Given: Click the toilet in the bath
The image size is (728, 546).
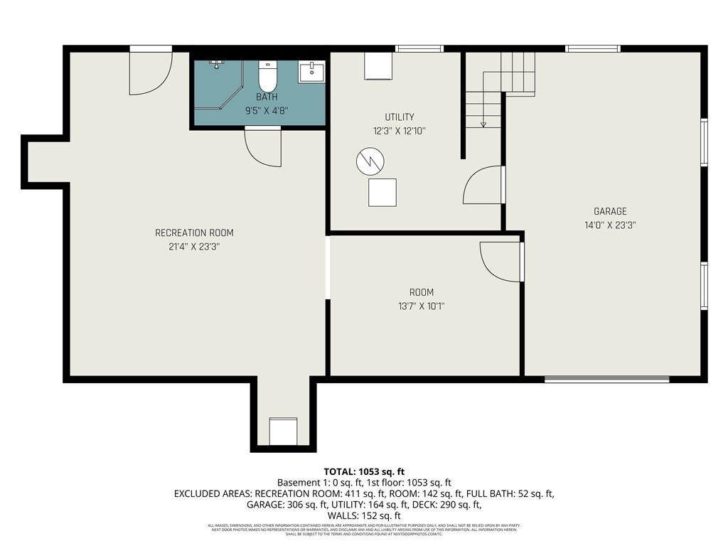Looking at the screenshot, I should tap(267, 76).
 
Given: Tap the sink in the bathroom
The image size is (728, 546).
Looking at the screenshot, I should tap(311, 73).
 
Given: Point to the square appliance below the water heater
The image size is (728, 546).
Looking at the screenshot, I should tap(382, 193).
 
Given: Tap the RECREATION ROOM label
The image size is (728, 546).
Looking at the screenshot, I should tap(194, 233).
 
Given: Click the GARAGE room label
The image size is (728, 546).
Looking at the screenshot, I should tap(610, 211).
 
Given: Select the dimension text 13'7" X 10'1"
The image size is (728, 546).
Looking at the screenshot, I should tap(421, 306).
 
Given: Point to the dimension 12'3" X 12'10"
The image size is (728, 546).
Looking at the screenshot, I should tap(400, 131).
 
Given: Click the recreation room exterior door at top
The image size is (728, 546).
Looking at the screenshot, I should tap(150, 71).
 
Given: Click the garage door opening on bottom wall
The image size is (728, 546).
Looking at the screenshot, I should tap(606, 379).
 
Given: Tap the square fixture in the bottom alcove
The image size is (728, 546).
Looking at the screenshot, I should tap(282, 431).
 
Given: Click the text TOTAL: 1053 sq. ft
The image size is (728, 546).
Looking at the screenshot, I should tap(363, 471).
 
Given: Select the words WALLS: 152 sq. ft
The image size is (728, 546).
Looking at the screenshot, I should tap(363, 515).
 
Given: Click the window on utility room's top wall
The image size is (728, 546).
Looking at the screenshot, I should tap(419, 49).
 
